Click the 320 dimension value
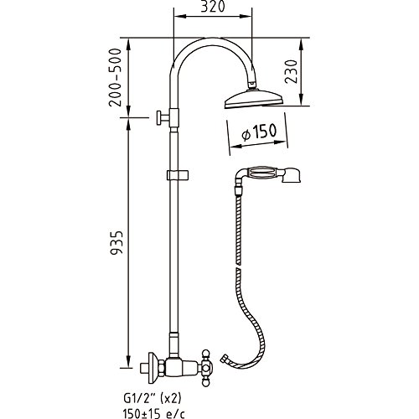click(x=213, y=7)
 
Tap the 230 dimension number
click(x=292, y=71)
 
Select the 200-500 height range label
click(x=116, y=77)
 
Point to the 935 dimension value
click(x=116, y=242)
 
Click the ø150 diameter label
click(x=260, y=132)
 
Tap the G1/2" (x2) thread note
click(x=152, y=398)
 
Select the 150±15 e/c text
click(x=153, y=413)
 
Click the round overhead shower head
click(x=254, y=99)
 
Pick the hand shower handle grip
click(x=261, y=173)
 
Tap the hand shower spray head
click(x=291, y=175)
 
